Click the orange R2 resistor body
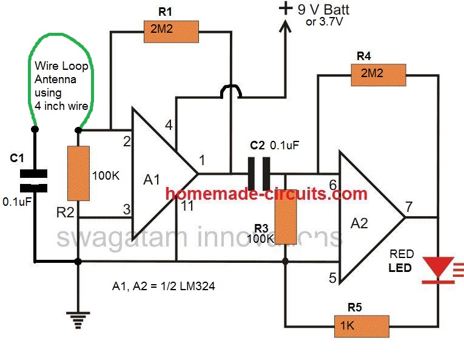(x=78, y=174)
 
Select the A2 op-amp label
(x=360, y=223)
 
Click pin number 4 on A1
(x=169, y=126)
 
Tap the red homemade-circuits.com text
(x=267, y=194)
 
